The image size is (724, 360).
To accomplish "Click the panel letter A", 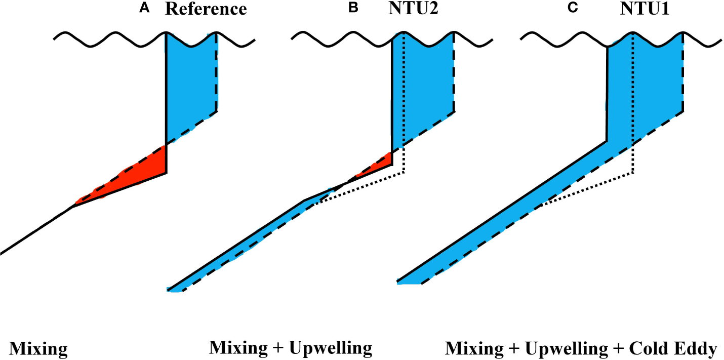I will [149, 9].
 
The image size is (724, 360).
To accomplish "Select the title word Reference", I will [206, 10].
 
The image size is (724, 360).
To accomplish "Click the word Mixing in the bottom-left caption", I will [38, 349].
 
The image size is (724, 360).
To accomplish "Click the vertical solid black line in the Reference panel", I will [166, 101].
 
